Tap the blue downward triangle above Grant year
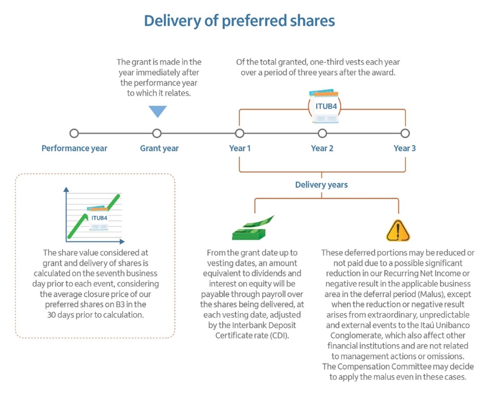click(157, 111)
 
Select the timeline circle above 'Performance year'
click(74, 133)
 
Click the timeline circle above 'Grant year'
click(157, 133)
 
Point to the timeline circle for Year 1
click(240, 133)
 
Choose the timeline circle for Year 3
click(405, 133)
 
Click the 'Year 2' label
click(322, 148)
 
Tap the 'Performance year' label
click(74, 148)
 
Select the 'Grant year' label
click(159, 148)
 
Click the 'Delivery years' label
click(321, 185)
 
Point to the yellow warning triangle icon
click(398, 230)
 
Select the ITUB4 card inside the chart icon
click(99, 218)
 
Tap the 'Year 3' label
click(405, 148)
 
